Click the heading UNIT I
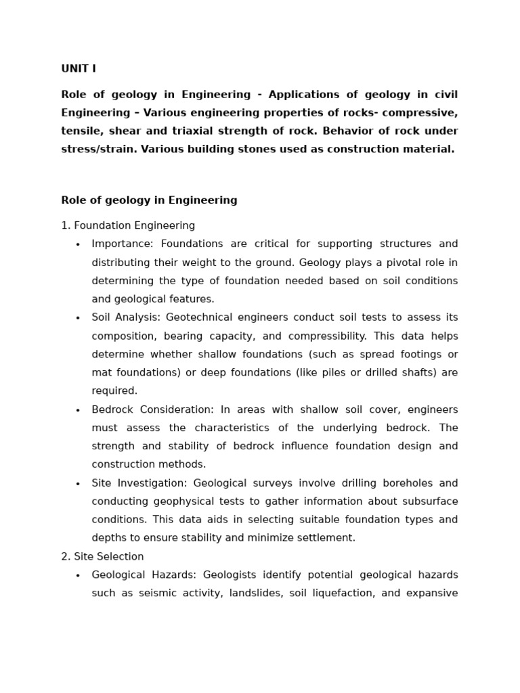click(79, 68)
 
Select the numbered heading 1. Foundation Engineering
click(128, 225)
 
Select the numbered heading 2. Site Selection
click(102, 556)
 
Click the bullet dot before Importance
click(78, 244)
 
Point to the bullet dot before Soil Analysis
click(78, 318)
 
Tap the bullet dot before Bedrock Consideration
click(78, 410)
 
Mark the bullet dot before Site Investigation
click(78, 484)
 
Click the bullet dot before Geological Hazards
click(78, 575)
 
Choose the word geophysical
click(180, 501)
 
